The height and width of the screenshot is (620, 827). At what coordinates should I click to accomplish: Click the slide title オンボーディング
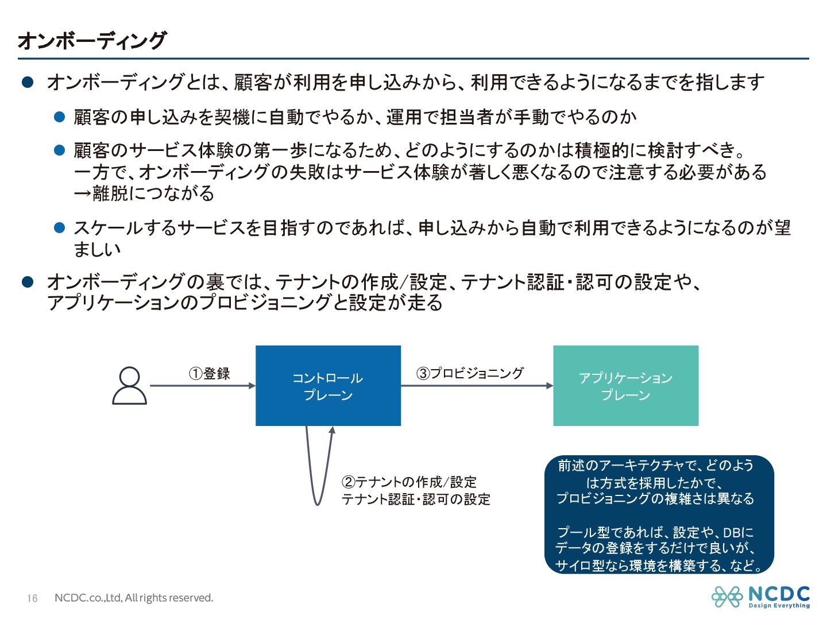pos(92,41)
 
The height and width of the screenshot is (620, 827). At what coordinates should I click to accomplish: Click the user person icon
pos(129,386)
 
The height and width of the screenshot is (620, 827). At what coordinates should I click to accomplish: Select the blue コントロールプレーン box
pos(328,386)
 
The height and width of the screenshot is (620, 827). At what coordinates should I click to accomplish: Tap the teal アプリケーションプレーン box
pos(625,386)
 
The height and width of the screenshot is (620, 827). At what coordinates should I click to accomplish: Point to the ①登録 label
pos(210,374)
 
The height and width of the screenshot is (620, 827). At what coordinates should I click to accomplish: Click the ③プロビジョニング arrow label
pos(470,373)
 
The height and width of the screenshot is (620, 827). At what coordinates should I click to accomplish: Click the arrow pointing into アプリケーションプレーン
pos(477,386)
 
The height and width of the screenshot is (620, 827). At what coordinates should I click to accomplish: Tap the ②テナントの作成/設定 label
pos(409,482)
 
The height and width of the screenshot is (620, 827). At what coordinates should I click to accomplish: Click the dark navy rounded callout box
pos(659,514)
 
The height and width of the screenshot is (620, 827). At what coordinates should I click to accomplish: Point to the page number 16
pos(32,598)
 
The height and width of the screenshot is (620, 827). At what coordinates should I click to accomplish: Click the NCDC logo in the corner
pos(760,596)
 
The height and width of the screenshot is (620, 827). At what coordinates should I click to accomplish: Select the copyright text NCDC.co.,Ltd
pos(134,598)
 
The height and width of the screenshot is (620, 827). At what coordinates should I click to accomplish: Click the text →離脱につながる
pos(144,193)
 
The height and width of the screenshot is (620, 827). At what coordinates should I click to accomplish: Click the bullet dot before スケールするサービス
pos(59,228)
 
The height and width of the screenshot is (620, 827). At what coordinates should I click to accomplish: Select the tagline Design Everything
pos(779,606)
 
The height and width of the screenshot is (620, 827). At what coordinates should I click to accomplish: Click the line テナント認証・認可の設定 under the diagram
pos(416,499)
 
